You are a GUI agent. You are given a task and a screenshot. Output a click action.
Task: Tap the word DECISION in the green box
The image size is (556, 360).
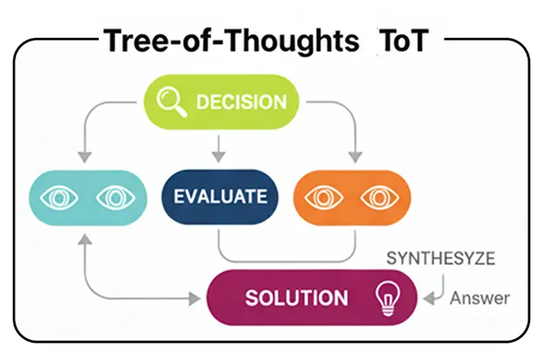click(x=240, y=102)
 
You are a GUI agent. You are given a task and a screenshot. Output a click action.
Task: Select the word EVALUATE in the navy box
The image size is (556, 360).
click(x=220, y=196)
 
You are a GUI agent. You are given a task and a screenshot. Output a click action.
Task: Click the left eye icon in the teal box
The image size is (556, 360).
click(x=57, y=197)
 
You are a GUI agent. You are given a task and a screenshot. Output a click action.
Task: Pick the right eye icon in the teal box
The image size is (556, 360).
click(x=111, y=197)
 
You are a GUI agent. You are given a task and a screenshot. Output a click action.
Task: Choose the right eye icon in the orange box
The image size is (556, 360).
click(x=377, y=197)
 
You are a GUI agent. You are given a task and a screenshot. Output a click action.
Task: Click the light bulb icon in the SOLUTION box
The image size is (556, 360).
click(x=385, y=298)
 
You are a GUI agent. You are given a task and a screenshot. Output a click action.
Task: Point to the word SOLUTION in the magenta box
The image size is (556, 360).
click(x=296, y=299)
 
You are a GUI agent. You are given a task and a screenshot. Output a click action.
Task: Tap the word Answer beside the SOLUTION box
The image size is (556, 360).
click(x=480, y=299)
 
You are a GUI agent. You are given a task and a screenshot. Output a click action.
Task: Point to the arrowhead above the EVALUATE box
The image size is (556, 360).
click(x=219, y=157)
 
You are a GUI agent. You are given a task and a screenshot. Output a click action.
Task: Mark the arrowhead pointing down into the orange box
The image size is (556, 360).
click(x=353, y=157)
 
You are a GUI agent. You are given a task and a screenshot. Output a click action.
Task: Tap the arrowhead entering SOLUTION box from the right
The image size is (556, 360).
click(x=428, y=299)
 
